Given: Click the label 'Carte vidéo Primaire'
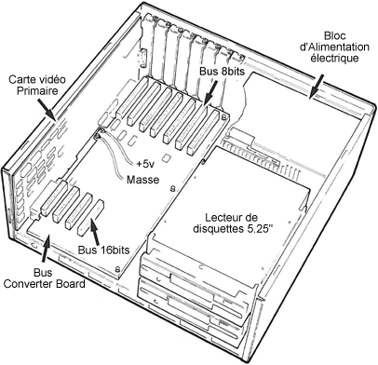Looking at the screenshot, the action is (x=37, y=85).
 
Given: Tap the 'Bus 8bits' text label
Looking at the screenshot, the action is (x=222, y=72).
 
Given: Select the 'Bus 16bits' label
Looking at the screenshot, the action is (x=103, y=250).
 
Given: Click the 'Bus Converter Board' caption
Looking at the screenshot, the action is (x=44, y=278).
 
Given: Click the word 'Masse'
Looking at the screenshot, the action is (x=142, y=180).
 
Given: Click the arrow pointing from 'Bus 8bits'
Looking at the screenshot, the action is (x=210, y=92).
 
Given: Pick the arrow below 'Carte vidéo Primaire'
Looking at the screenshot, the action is (x=47, y=109).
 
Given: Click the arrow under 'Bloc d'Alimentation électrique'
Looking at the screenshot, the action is (x=317, y=87).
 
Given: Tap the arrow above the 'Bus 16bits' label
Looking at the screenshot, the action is (x=95, y=231).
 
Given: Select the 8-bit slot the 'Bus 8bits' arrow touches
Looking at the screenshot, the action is (x=189, y=128).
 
